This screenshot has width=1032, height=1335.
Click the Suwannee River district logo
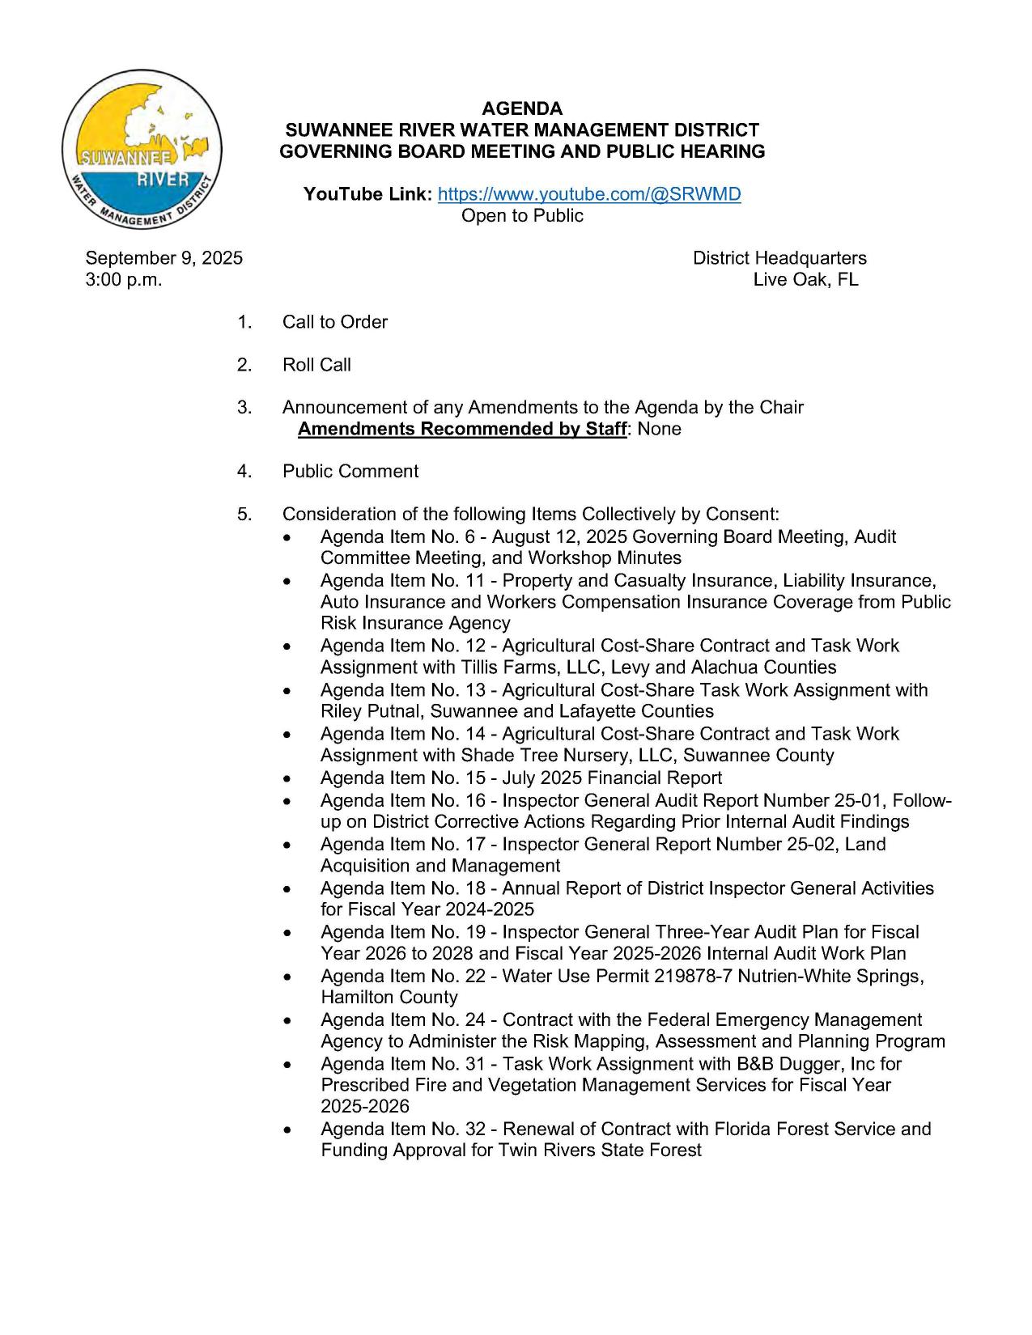click(142, 150)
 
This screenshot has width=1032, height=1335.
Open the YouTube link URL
click(588, 194)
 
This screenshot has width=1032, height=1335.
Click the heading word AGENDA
click(522, 108)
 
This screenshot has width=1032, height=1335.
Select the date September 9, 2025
click(164, 258)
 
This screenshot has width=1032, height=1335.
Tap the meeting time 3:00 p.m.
click(124, 280)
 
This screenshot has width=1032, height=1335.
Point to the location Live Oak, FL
click(805, 280)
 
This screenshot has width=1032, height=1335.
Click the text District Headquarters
click(779, 258)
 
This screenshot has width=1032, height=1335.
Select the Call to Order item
click(334, 322)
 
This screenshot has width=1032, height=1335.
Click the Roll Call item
click(316, 365)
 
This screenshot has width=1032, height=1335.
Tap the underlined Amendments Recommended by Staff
click(461, 429)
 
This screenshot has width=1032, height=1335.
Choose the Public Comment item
click(350, 472)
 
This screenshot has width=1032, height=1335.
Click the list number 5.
click(244, 515)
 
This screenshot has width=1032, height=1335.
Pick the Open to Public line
click(522, 216)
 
